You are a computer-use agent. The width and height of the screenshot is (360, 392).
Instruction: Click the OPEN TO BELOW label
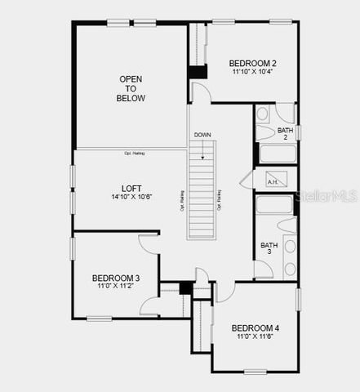(131, 89)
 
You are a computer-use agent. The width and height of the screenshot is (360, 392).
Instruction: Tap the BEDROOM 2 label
(252, 63)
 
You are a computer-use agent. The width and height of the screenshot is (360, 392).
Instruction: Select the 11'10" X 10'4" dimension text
(252, 73)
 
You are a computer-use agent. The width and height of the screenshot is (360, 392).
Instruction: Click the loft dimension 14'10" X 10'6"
(131, 197)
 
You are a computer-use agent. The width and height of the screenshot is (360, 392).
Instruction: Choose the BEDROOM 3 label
(115, 278)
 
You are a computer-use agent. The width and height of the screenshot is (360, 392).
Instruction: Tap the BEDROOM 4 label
(255, 327)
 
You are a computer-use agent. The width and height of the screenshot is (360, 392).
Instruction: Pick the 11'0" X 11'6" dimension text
(255, 337)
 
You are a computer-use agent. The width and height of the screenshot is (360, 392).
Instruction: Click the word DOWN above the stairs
(202, 135)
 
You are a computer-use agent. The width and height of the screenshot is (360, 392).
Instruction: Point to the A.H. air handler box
(272, 181)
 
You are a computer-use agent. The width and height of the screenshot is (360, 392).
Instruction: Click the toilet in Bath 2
(267, 131)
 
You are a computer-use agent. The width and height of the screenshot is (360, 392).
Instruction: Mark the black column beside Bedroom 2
(198, 72)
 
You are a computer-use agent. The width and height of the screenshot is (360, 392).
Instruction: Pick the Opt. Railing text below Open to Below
(134, 153)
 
